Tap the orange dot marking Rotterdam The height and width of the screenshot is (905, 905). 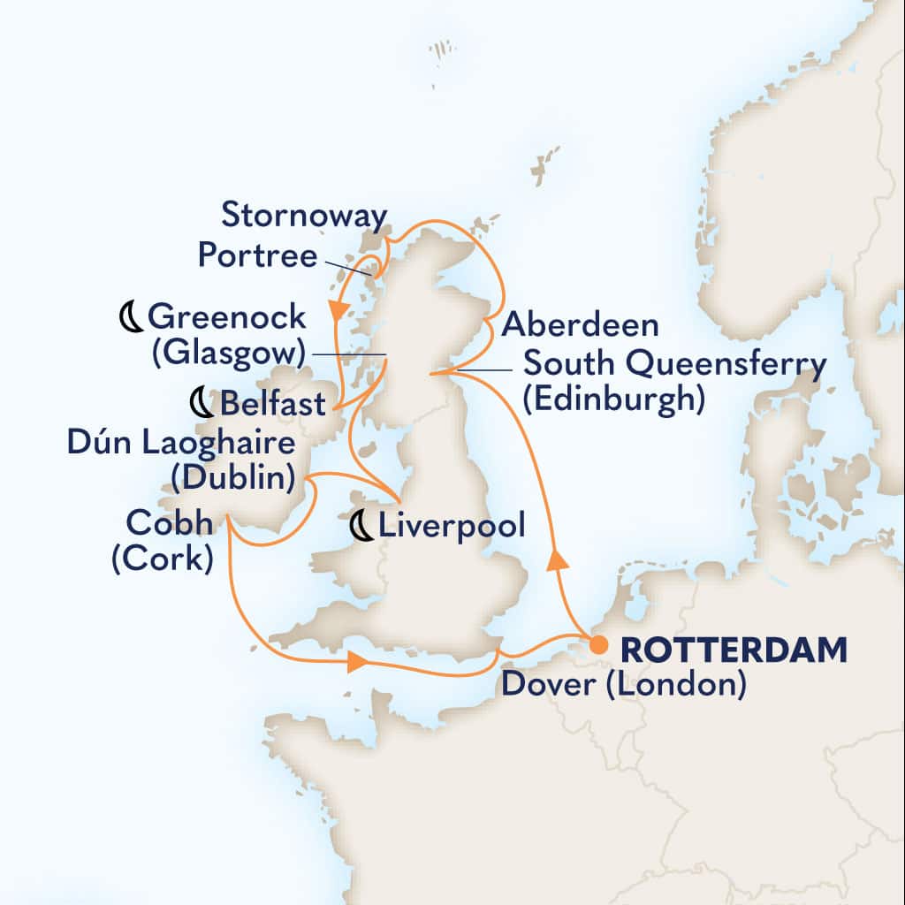pyautogui.click(x=597, y=642)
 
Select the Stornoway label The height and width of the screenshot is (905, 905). pyautogui.click(x=303, y=216)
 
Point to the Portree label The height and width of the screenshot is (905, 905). pyautogui.click(x=257, y=256)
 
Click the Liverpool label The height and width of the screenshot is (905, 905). pyautogui.click(x=451, y=527)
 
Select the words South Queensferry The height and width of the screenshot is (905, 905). pyautogui.click(x=675, y=363)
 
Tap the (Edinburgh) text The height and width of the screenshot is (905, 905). pyautogui.click(x=613, y=399)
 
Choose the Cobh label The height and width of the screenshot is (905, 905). pyautogui.click(x=169, y=523)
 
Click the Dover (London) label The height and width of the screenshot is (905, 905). pyautogui.click(x=622, y=684)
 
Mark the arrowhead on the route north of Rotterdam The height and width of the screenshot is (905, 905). pyautogui.click(x=554, y=560)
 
